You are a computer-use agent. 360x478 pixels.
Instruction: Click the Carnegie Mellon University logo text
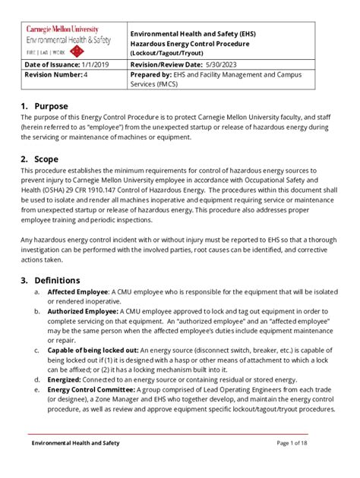[64, 28]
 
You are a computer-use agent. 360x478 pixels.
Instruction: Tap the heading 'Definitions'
[58, 280]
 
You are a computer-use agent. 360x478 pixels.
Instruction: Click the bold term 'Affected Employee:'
[78, 292]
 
